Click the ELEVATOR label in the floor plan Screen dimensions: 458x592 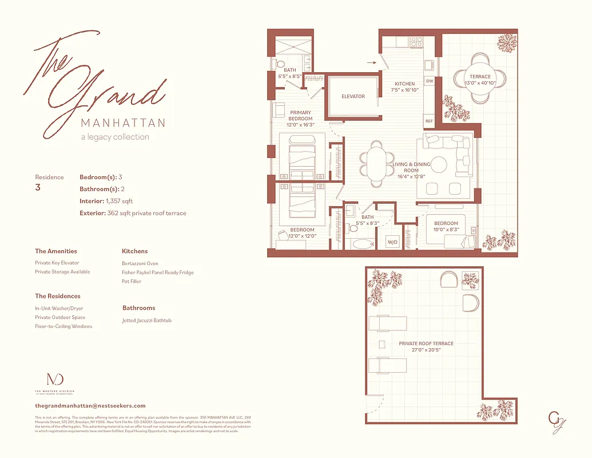coord(353,96)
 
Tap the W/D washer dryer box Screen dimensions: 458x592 coord(393,242)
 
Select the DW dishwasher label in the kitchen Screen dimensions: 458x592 coord(429,81)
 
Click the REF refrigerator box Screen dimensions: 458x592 coord(429,121)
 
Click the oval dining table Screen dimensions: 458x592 coord(376,164)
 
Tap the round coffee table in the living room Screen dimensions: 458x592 coord(439,165)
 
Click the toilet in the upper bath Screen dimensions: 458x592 coord(280,63)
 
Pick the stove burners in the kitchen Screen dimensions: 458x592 coord(416,42)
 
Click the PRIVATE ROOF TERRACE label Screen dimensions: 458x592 coord(426,343)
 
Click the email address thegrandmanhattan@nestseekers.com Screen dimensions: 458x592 coord(90,405)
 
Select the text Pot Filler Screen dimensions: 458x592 coord(132,281)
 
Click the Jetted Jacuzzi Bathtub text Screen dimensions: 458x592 coord(147,321)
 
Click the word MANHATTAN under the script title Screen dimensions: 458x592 coord(123,123)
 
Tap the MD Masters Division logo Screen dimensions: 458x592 coord(54,380)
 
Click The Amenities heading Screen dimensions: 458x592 coord(56,251)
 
